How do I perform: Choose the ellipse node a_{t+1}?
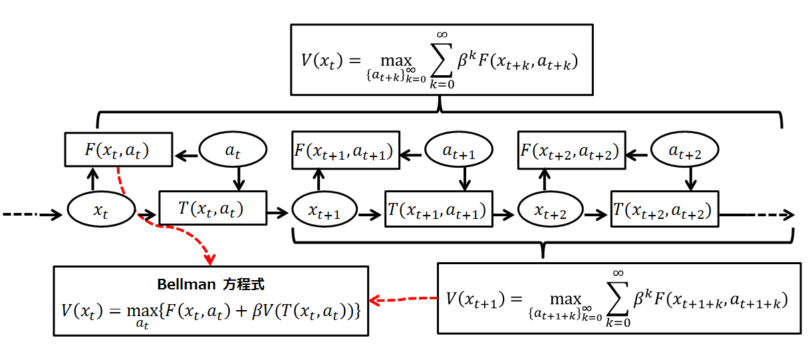[459, 151]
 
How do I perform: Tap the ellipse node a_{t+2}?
[684, 151]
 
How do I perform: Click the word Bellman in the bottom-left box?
[184, 284]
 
